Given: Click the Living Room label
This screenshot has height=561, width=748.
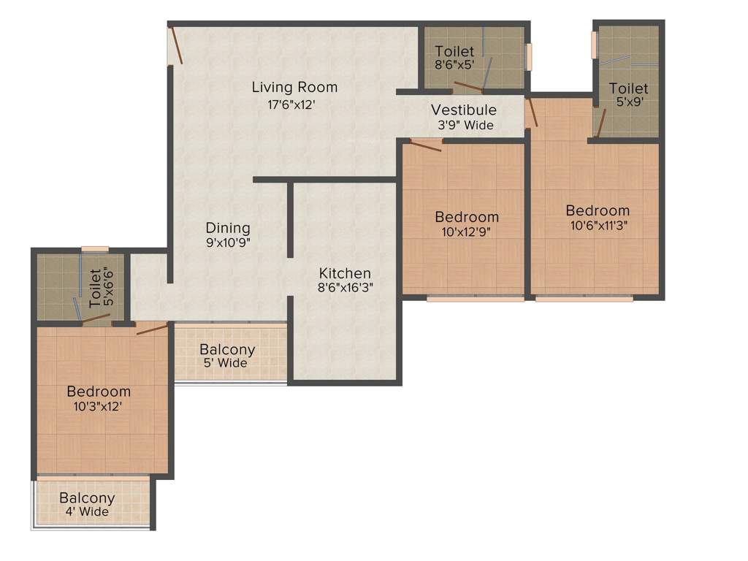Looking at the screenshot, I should coord(294,88).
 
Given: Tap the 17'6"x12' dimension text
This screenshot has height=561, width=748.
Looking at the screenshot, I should coord(294,104).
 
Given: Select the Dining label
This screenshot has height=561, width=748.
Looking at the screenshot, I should coord(228,229).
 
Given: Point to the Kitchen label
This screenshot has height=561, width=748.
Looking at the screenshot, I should coord(345,273).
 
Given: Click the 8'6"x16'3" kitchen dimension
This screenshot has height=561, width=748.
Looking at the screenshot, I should coord(345,288).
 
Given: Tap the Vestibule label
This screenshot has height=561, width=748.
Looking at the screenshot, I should coord(464,110).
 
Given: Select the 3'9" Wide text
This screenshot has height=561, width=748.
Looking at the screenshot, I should coord(465,125).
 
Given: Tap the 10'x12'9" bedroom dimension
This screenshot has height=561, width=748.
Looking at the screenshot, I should coord(467,232).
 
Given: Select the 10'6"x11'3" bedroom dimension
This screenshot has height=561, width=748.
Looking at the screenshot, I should coord(598,225).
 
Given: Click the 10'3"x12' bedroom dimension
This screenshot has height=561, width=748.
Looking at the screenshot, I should coord(99,406).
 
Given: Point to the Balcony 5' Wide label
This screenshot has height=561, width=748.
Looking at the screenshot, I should coord(227,356).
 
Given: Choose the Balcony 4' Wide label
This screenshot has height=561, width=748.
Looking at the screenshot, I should coord(87,505).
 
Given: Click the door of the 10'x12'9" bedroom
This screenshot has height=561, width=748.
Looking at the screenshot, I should coord(426,145).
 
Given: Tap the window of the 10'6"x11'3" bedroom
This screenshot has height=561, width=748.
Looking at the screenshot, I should coord(584,298).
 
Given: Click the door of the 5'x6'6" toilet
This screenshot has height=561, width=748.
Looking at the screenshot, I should coord(95,318).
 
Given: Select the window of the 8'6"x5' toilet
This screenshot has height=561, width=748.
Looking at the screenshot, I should coord(530,56).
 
